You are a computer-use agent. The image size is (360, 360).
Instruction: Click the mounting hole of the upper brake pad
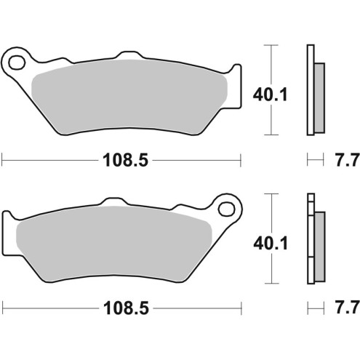[16, 60]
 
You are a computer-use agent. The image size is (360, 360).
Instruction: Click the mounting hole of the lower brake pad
[227, 209]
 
